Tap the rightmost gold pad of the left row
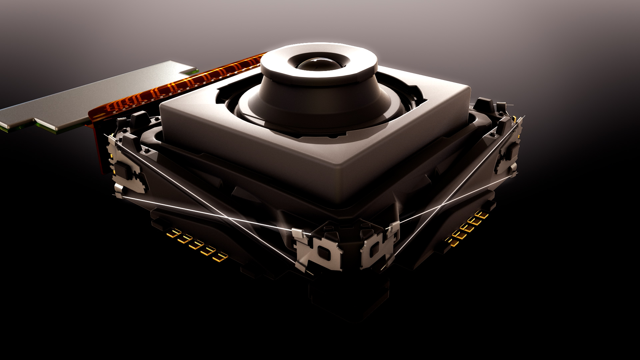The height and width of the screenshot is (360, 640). click(x=220, y=257)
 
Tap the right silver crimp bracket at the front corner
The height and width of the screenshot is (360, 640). click(x=377, y=248)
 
